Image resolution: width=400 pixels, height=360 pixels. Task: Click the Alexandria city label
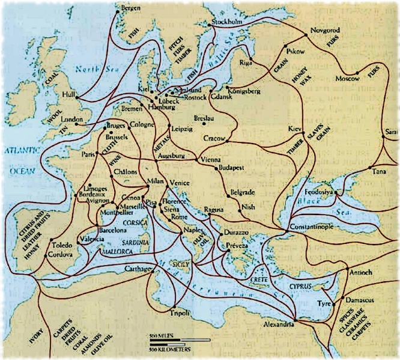(x=278, y=324)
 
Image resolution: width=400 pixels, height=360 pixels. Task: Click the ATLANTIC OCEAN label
(x=17, y=159)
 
